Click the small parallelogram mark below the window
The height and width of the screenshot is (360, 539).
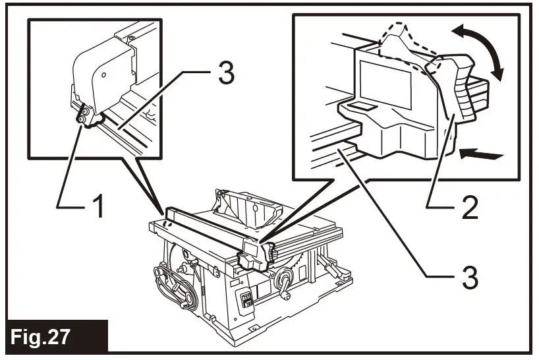[x=360, y=106]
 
